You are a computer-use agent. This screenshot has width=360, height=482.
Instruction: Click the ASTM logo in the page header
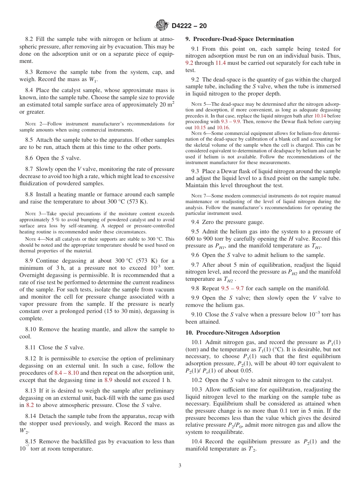tap(162, 25)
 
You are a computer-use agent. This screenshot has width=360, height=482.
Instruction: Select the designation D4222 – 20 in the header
tap(189, 26)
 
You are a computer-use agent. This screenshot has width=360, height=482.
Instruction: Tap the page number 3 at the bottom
tap(180, 465)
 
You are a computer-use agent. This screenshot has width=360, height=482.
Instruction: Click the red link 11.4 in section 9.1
tap(221, 63)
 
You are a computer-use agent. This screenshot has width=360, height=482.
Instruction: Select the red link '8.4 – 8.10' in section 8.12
tap(66, 372)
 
